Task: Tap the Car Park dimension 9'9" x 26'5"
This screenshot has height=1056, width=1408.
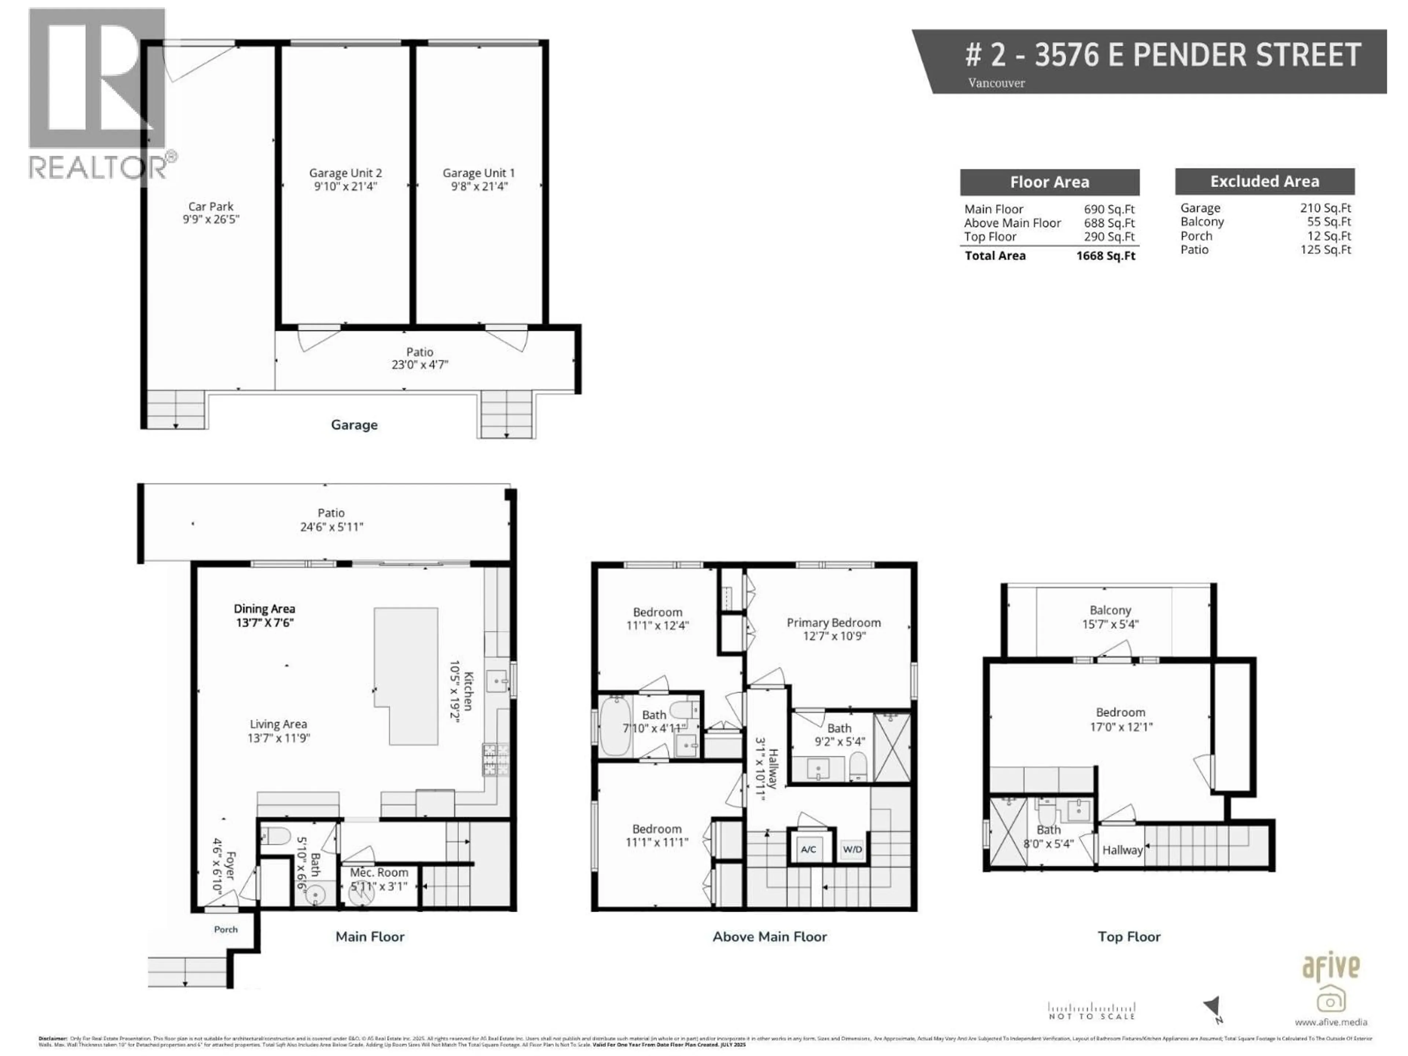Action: [211, 219]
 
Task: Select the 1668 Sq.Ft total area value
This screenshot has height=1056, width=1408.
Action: [1105, 256]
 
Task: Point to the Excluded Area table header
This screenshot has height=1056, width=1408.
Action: [1264, 181]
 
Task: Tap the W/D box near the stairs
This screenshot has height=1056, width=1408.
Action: [852, 849]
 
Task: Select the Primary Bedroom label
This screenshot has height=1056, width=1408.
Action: [833, 623]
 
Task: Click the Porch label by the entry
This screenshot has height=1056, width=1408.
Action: [225, 929]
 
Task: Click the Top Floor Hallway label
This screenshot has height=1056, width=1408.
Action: [1122, 850]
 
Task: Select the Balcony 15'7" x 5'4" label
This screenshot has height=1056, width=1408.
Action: [1110, 610]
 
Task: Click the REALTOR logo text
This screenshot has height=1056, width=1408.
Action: [99, 168]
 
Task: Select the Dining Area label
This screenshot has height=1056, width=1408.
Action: [264, 609]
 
